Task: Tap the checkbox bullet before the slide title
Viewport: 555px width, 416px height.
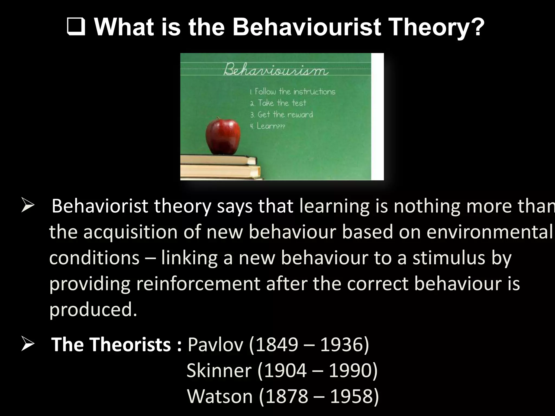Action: (x=75, y=28)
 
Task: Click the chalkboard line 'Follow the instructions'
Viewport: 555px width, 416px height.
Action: (x=293, y=92)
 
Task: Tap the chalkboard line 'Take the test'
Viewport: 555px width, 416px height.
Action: (x=278, y=103)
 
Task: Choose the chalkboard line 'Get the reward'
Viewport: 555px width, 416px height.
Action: (x=282, y=115)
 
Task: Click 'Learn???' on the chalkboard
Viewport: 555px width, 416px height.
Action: (x=267, y=126)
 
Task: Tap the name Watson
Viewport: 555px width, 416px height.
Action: (x=220, y=396)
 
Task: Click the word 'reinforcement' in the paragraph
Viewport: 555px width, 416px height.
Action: (x=198, y=284)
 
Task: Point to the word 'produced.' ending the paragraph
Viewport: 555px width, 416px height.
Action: (x=93, y=309)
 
